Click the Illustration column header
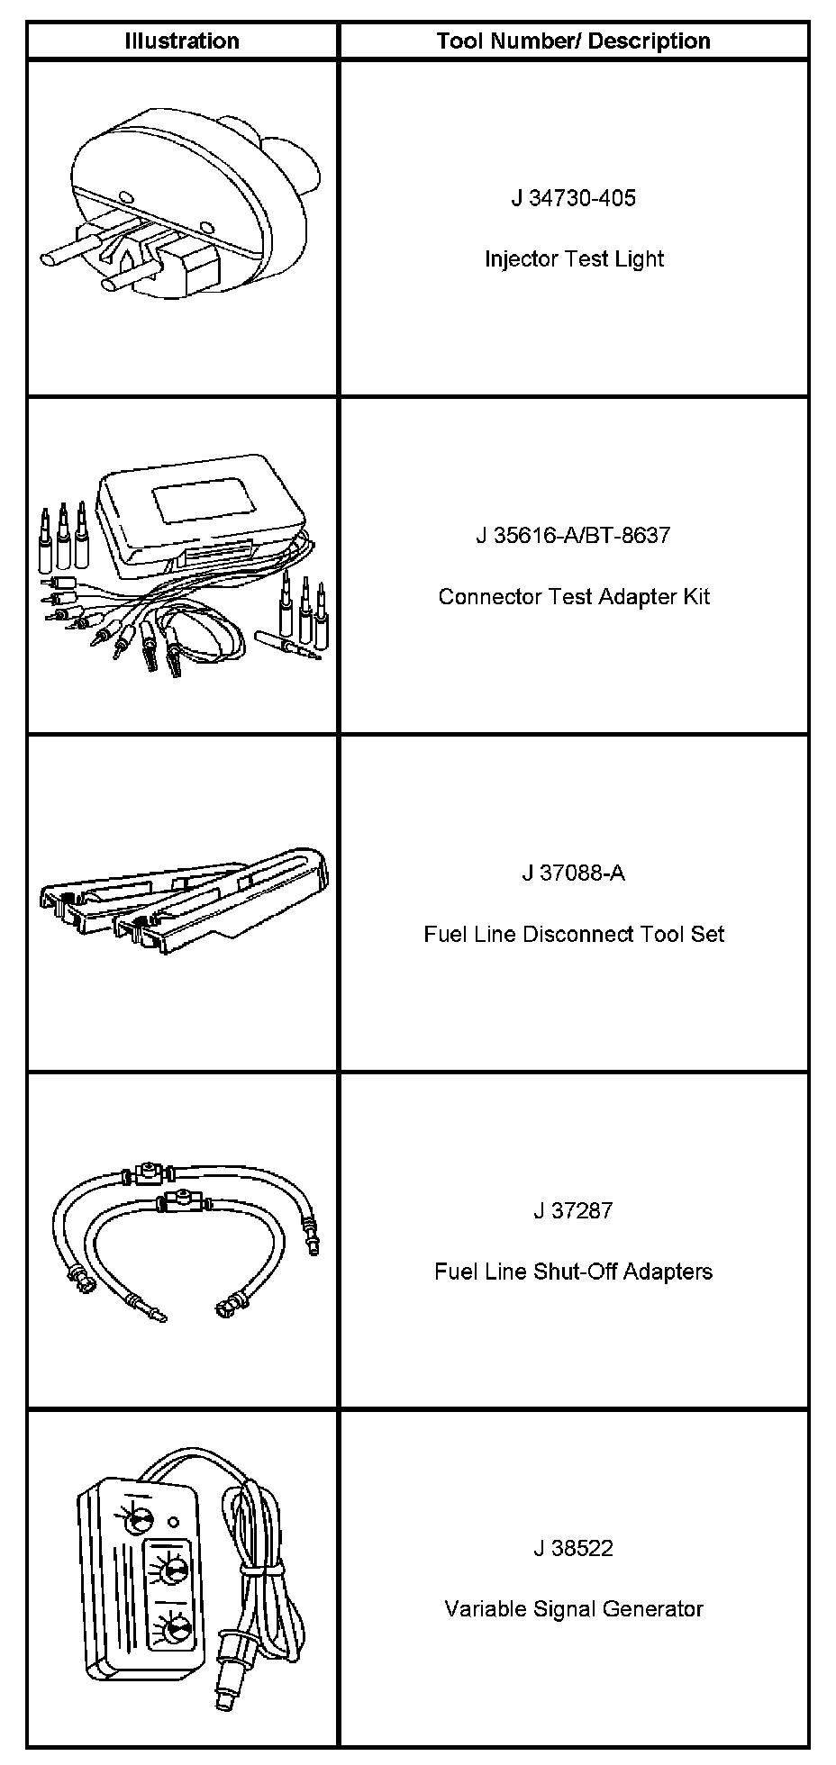pos(182,41)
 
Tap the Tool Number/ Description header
pos(573,41)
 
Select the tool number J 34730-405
pos(573,198)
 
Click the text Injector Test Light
pos(574,259)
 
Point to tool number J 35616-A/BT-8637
pos(573,536)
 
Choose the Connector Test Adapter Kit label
pos(574,596)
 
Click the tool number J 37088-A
pos(573,873)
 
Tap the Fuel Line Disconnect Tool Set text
pos(574,934)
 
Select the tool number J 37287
pos(573,1210)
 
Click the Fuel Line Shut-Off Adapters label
pos(574,1272)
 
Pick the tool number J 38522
pos(573,1548)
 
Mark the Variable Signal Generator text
pos(574,1609)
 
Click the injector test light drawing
pos(180,207)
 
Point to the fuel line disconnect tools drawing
pos(185,896)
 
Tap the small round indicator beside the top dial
pos(174,1522)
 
